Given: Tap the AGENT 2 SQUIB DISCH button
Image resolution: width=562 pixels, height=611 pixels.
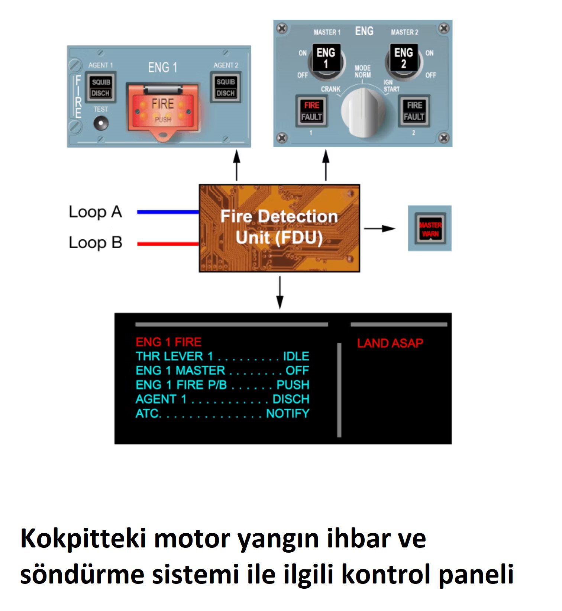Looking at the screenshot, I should pos(226,88).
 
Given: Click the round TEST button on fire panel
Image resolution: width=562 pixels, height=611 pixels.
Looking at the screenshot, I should pos(101,123).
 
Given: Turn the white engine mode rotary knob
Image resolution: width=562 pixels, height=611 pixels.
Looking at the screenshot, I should pos(362,113).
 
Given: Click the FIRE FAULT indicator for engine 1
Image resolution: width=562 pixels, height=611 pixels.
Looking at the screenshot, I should pos(311,111).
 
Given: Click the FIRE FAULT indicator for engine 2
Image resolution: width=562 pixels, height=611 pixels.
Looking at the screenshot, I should pos(414,111).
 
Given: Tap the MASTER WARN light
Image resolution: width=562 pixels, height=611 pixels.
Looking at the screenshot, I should pos(430,229).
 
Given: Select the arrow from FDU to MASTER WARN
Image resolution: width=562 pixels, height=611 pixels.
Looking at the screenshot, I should pos(379,229).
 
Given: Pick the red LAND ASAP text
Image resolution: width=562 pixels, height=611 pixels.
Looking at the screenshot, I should pos(390,343).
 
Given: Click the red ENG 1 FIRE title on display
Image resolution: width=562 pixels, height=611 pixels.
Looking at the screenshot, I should pos(168,342).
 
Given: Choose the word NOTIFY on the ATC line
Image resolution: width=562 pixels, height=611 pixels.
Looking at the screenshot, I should pos(288,413).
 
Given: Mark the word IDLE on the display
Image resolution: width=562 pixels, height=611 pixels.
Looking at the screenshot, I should pos(296,356).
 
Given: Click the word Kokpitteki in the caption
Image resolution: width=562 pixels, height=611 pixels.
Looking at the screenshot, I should pos(83,539).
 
